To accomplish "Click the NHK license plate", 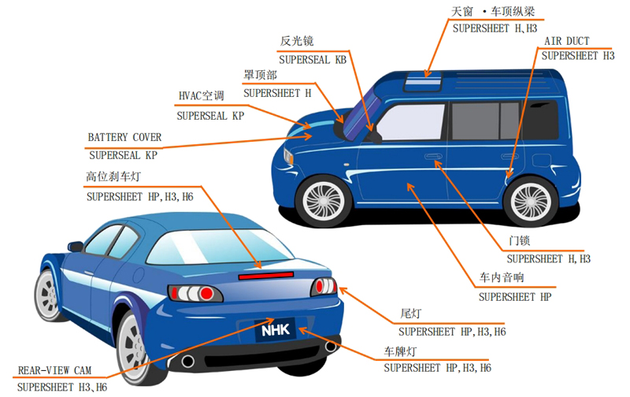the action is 276,330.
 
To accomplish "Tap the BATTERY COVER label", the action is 124,137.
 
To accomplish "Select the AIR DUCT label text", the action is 566,41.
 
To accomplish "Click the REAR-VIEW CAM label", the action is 54,370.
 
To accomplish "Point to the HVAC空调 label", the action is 202,95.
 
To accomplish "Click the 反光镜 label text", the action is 297,41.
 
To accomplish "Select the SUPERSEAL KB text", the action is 313,60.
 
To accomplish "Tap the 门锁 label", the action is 519,240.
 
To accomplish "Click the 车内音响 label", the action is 502,276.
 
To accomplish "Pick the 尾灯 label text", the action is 410,314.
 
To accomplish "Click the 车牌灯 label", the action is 400,351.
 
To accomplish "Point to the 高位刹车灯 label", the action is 113,176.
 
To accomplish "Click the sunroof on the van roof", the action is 423,81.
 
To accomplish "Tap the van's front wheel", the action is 324,201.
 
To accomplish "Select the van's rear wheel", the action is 531,201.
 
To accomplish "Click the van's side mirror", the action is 374,135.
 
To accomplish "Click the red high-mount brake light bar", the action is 265,276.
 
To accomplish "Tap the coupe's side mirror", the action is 75,246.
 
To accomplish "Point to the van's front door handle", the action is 433,156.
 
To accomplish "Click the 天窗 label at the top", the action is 462,11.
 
